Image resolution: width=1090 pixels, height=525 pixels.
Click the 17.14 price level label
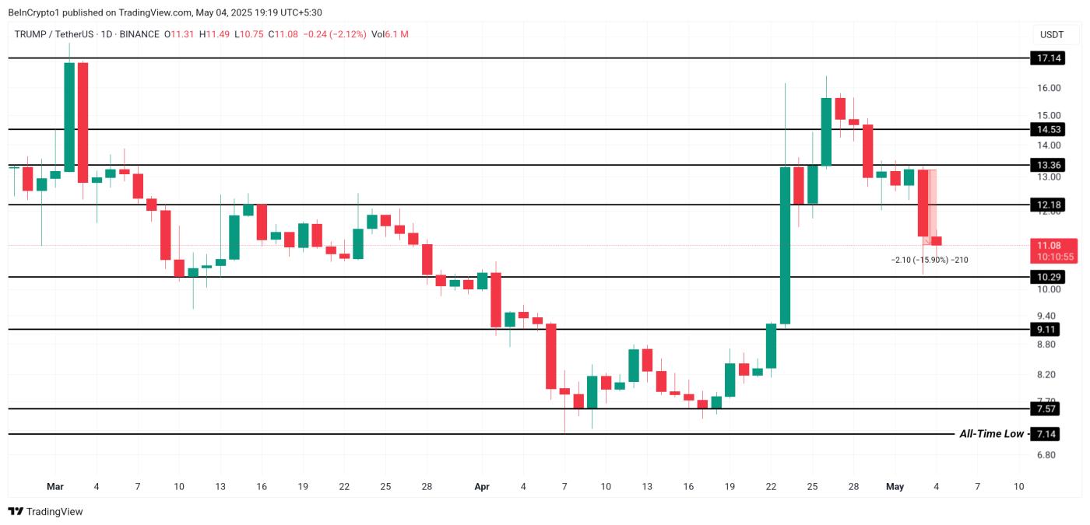click(1045, 58)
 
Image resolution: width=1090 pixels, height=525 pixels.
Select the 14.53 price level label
click(1045, 129)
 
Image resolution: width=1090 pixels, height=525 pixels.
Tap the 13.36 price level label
click(1045, 165)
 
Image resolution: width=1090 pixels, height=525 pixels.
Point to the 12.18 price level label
click(1045, 205)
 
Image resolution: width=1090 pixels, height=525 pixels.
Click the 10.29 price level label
click(1045, 277)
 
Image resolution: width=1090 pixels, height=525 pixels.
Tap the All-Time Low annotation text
click(991, 434)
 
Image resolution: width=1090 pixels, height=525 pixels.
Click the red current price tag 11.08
click(1054, 245)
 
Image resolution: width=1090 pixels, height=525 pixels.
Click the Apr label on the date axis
click(482, 487)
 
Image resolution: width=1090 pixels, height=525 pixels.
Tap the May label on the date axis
click(895, 487)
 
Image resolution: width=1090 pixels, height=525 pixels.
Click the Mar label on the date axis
click(55, 487)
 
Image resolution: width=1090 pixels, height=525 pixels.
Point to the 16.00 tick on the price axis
click(1048, 88)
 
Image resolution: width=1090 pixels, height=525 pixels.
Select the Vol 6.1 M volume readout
click(390, 34)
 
